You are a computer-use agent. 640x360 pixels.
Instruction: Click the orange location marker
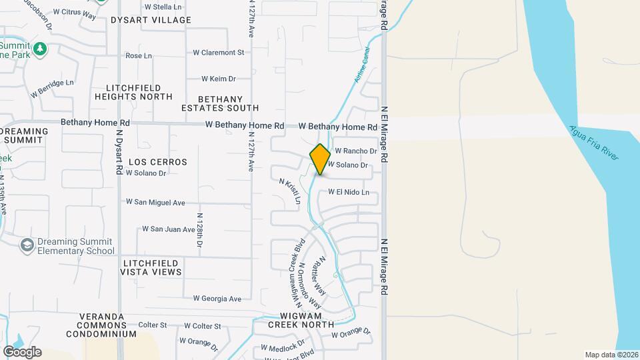coord(320,159)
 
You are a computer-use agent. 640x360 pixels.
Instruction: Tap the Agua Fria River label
coord(594,142)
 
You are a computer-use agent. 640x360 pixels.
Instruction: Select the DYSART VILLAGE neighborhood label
coord(151,20)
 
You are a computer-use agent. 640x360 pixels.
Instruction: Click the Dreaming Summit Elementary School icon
coord(27,245)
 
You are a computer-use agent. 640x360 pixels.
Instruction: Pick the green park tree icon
coord(41,48)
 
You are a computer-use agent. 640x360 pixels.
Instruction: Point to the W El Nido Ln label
coord(349,193)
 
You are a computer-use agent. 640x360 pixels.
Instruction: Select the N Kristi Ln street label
coord(291,191)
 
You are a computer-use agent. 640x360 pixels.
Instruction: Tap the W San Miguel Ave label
coord(155,202)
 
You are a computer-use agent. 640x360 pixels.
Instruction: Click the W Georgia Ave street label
coord(217,299)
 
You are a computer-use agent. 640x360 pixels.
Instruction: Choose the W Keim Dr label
coord(214,79)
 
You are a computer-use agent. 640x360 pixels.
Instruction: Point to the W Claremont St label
coord(219,52)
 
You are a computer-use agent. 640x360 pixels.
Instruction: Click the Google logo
coord(22,351)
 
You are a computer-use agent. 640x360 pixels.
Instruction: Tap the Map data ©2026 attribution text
coord(611,355)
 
